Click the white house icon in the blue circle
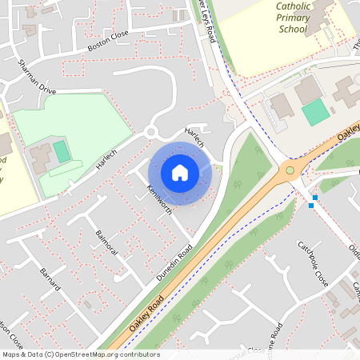[180, 173]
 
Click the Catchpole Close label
[313, 264]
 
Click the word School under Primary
[292, 30]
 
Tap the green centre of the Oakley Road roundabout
[290, 170]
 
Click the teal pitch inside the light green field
[62, 150]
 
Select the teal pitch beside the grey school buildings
[315, 111]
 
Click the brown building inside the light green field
[42, 157]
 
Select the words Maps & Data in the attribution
[22, 354]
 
